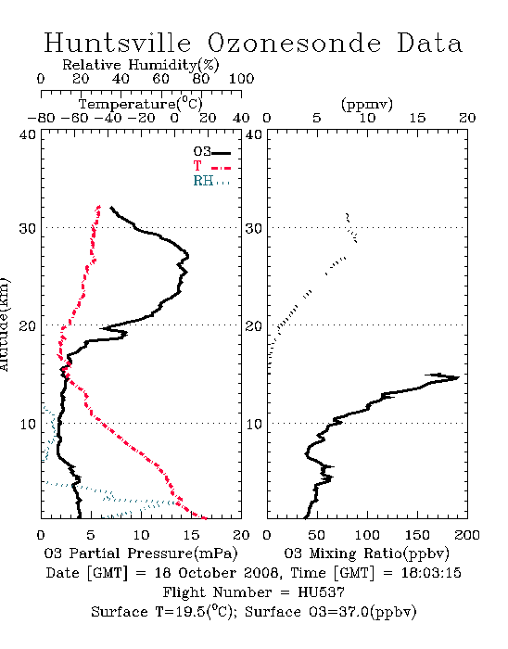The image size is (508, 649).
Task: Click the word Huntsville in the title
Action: (x=118, y=43)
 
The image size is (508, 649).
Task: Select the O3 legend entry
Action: (x=211, y=152)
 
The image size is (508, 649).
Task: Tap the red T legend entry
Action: (x=211, y=166)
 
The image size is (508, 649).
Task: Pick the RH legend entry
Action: (x=211, y=181)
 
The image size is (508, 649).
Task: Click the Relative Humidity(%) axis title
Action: (x=141, y=65)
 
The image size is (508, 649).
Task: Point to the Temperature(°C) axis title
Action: (x=141, y=104)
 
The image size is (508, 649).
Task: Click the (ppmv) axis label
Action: (x=367, y=104)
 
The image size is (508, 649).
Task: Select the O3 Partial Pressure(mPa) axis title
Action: (x=141, y=554)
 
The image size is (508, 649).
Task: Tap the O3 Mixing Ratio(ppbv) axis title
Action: (x=366, y=554)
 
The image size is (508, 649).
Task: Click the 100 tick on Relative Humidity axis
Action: (x=241, y=79)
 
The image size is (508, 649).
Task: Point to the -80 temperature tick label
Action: (x=41, y=119)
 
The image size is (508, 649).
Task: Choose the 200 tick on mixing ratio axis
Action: (x=467, y=535)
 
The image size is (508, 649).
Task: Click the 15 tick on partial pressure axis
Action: (x=191, y=535)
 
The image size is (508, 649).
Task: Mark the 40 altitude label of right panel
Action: (x=254, y=134)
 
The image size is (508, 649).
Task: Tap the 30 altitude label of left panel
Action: (x=27, y=228)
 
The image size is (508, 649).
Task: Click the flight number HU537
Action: (x=321, y=592)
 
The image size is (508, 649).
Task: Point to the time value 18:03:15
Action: (x=431, y=573)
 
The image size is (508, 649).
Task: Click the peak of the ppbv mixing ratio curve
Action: (x=459, y=377)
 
